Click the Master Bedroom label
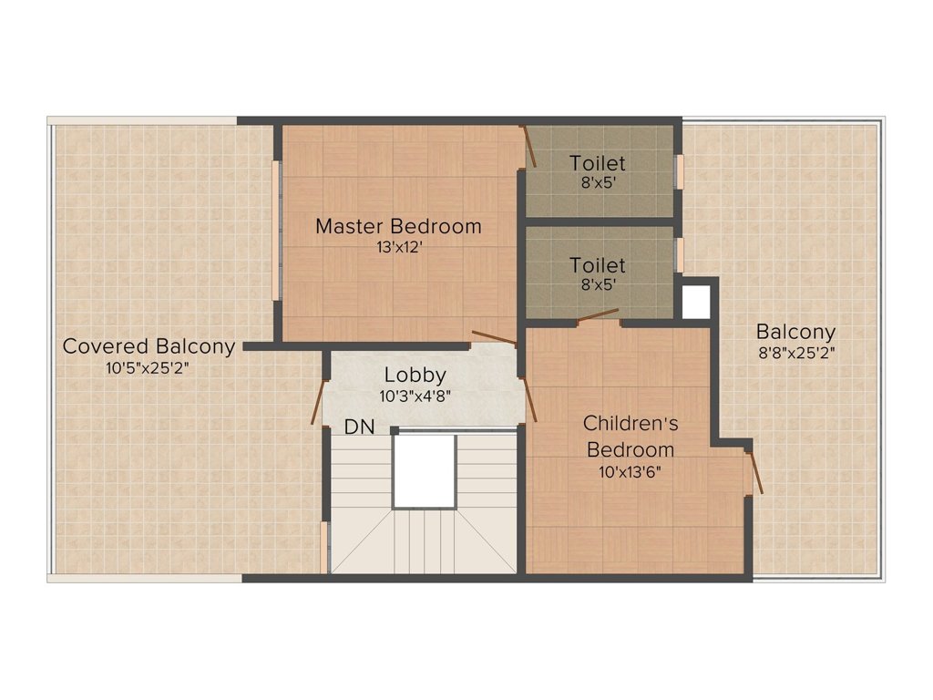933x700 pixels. pyautogui.click(x=398, y=226)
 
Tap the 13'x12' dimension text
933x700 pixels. pyautogui.click(x=399, y=247)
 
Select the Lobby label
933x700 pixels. pyautogui.click(x=415, y=375)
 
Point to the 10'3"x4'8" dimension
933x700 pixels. pyautogui.click(x=415, y=396)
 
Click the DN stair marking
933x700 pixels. pyautogui.click(x=359, y=427)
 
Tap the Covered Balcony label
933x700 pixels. pyautogui.click(x=149, y=345)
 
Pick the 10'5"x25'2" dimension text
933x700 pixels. pyautogui.click(x=147, y=368)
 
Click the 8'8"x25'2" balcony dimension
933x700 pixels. pyautogui.click(x=796, y=353)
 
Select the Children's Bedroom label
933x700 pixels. pyautogui.click(x=631, y=437)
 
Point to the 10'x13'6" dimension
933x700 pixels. pyautogui.click(x=631, y=473)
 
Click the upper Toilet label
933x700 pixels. pyautogui.click(x=598, y=163)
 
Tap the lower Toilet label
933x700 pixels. pyautogui.click(x=598, y=265)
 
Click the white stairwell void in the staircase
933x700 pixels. pyautogui.click(x=425, y=471)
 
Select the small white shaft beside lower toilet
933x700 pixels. pyautogui.click(x=695, y=302)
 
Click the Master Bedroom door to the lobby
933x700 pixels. pyautogui.click(x=494, y=337)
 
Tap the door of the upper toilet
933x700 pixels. pyautogui.click(x=529, y=147)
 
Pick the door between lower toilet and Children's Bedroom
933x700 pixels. pyautogui.click(x=598, y=315)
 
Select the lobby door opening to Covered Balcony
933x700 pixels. pyautogui.click(x=318, y=402)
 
